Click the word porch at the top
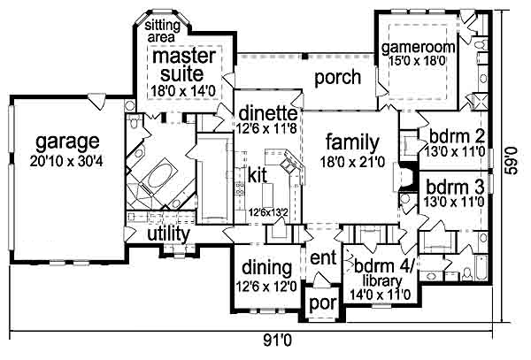(338, 78)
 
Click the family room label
(352, 142)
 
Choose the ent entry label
(319, 260)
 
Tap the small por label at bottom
(319, 304)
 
